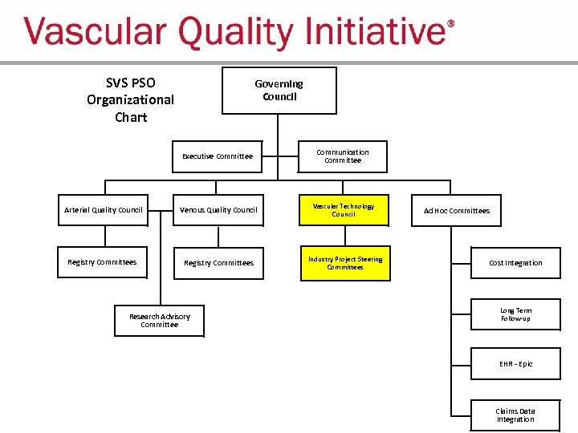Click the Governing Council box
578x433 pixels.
click(279, 90)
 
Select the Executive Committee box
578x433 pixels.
click(218, 156)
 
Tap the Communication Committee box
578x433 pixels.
click(343, 156)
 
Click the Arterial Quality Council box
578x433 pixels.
click(103, 210)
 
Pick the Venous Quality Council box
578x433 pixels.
click(218, 210)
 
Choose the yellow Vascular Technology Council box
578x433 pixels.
click(344, 210)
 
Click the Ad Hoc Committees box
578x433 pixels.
click(456, 211)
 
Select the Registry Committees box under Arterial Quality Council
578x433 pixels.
click(102, 262)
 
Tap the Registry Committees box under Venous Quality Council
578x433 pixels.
click(218, 263)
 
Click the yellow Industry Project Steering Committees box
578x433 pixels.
click(345, 263)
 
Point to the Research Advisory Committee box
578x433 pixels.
click(159, 321)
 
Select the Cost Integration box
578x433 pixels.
click(515, 263)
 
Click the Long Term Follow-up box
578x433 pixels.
click(515, 314)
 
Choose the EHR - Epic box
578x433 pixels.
click(515, 364)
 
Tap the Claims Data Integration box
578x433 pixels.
click(515, 415)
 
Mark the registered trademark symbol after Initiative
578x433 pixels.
click(450, 24)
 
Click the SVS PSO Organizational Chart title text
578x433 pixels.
click(130, 99)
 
